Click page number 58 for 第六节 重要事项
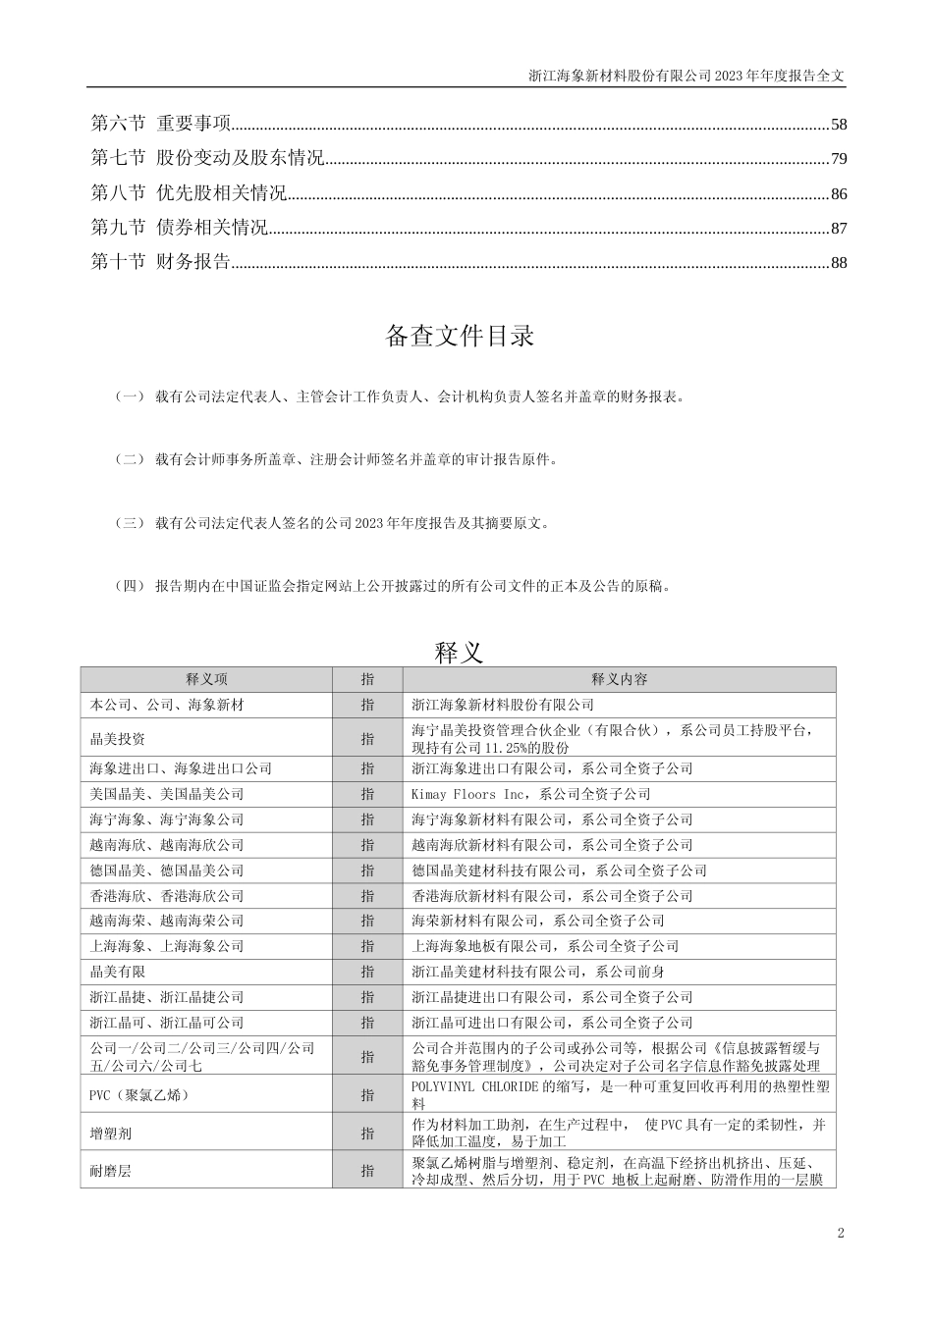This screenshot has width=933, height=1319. click(x=838, y=125)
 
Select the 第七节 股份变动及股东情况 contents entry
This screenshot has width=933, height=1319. click(x=207, y=159)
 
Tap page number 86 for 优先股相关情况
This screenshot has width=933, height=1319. click(x=838, y=193)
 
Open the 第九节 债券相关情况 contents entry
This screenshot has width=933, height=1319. click(x=179, y=228)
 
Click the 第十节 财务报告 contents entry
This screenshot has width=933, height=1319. click(x=160, y=262)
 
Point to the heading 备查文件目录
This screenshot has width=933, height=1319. click(x=460, y=336)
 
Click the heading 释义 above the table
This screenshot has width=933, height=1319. click(x=459, y=652)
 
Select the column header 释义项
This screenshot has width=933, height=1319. click(x=206, y=679)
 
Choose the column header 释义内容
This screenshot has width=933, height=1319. click(x=619, y=679)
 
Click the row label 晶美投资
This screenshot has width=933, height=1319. click(x=118, y=739)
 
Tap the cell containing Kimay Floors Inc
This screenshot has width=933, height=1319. click(x=530, y=794)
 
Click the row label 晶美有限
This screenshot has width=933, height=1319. click(x=118, y=972)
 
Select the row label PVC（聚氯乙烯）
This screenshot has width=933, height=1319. click(x=138, y=1095)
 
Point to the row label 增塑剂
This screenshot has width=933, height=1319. click(x=111, y=1134)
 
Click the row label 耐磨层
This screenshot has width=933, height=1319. click(x=111, y=1171)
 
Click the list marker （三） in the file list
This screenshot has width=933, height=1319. click(x=130, y=523)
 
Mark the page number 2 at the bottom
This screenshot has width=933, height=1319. click(x=841, y=1233)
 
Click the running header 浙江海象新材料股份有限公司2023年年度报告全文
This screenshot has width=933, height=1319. click(x=686, y=75)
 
